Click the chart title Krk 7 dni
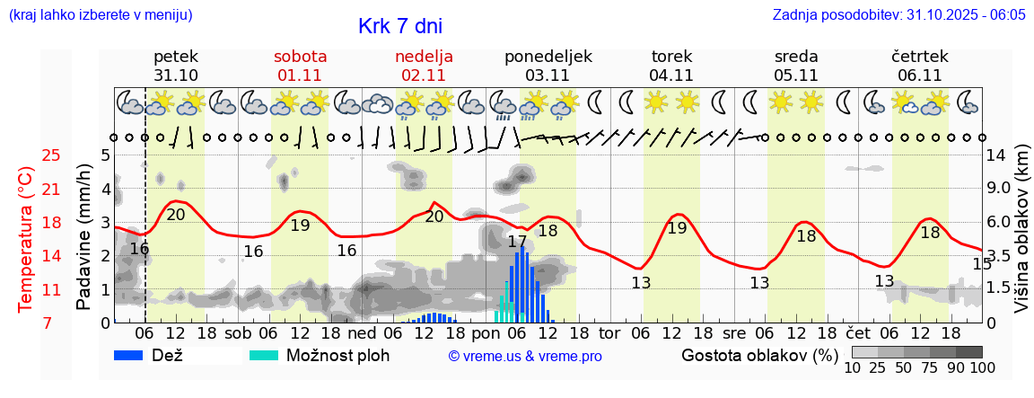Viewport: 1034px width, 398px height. pyautogui.click(x=399, y=26)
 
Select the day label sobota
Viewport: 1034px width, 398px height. pyautogui.click(x=300, y=57)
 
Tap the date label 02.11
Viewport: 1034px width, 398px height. pyautogui.click(x=424, y=75)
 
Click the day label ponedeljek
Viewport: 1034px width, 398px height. pyautogui.click(x=548, y=57)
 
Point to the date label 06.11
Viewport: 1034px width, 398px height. pyautogui.click(x=920, y=75)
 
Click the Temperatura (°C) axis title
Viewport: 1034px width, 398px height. pyautogui.click(x=27, y=238)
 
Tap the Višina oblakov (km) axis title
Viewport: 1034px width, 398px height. pyautogui.click(x=1022, y=238)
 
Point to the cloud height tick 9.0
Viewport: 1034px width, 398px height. pyautogui.click(x=999, y=188)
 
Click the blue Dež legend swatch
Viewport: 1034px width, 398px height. pyautogui.click(x=135, y=355)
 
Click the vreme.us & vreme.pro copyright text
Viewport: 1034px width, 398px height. pyautogui.click(x=525, y=356)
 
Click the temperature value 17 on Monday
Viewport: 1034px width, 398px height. pyautogui.click(x=517, y=242)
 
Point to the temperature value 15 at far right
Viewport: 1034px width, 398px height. pyautogui.click(x=982, y=264)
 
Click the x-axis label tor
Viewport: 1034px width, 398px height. pyautogui.click(x=609, y=332)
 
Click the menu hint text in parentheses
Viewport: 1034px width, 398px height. pyautogui.click(x=100, y=15)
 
